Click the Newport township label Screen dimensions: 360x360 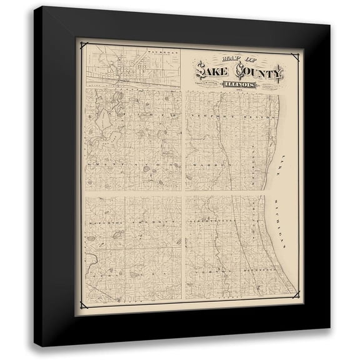pyautogui.click(x=211, y=117)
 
